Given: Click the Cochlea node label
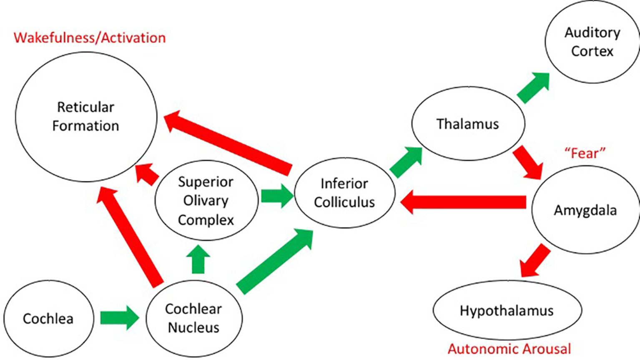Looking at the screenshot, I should [x=48, y=319].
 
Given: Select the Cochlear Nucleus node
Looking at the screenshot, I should [x=193, y=318].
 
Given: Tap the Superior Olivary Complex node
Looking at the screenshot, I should [x=206, y=201].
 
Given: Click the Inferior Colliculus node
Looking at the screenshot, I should [x=344, y=193].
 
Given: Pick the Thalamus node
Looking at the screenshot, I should [x=468, y=124].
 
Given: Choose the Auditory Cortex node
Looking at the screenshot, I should [x=592, y=42].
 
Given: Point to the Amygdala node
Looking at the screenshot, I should [x=585, y=210].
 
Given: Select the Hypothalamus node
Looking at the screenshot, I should [x=507, y=311].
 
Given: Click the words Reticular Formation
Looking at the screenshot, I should [x=85, y=116].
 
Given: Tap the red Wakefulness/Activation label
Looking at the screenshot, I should [x=90, y=38].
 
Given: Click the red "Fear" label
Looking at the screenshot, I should [x=585, y=153].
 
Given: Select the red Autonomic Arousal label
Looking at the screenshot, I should [x=509, y=349].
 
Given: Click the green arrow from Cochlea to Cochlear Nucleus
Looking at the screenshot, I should [x=119, y=318].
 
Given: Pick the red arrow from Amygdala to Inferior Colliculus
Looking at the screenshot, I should [x=463, y=202].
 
